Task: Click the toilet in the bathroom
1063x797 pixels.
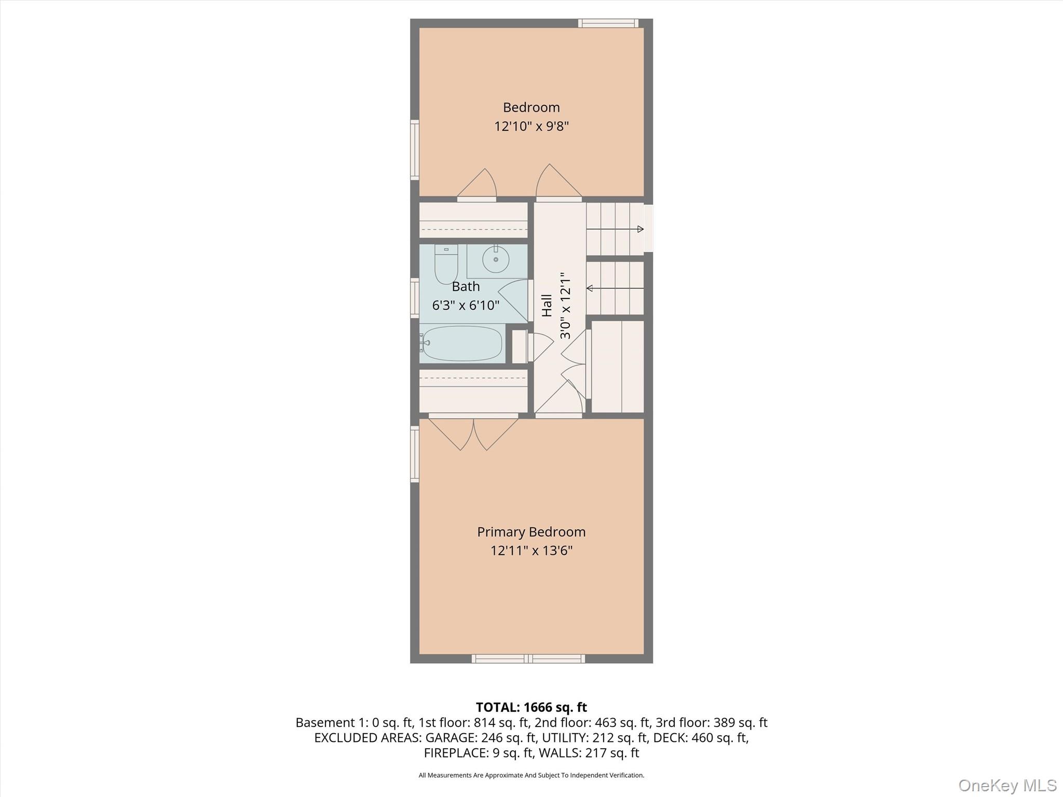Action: pyautogui.click(x=446, y=265)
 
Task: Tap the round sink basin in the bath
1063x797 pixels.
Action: pyautogui.click(x=496, y=259)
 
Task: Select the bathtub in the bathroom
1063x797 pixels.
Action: pyautogui.click(x=462, y=343)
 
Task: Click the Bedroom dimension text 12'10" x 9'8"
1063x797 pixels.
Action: pyautogui.click(x=531, y=126)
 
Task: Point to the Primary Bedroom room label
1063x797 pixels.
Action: pyautogui.click(x=531, y=532)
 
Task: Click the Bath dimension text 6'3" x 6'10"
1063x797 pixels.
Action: pyautogui.click(x=466, y=305)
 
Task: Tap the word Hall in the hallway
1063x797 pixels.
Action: pyautogui.click(x=547, y=305)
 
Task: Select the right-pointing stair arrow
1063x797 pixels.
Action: pyautogui.click(x=615, y=229)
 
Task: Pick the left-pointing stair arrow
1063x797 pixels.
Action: pyautogui.click(x=615, y=288)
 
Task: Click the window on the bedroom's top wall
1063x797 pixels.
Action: pyautogui.click(x=608, y=23)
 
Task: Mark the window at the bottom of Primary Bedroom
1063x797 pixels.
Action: pyautogui.click(x=528, y=659)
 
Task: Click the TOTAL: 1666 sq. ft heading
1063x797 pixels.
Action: pyautogui.click(x=531, y=707)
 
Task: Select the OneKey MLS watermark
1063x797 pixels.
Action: pyautogui.click(x=1007, y=785)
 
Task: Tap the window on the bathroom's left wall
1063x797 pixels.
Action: pyautogui.click(x=415, y=298)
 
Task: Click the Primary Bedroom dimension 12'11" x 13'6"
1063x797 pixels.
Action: pyautogui.click(x=531, y=551)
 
